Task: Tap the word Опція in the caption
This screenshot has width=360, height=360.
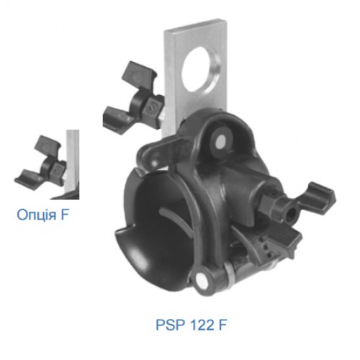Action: click(x=37, y=215)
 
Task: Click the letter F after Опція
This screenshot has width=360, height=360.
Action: click(x=65, y=215)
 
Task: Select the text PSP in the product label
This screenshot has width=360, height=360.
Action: click(x=171, y=325)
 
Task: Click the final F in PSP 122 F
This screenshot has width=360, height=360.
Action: click(x=222, y=325)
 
